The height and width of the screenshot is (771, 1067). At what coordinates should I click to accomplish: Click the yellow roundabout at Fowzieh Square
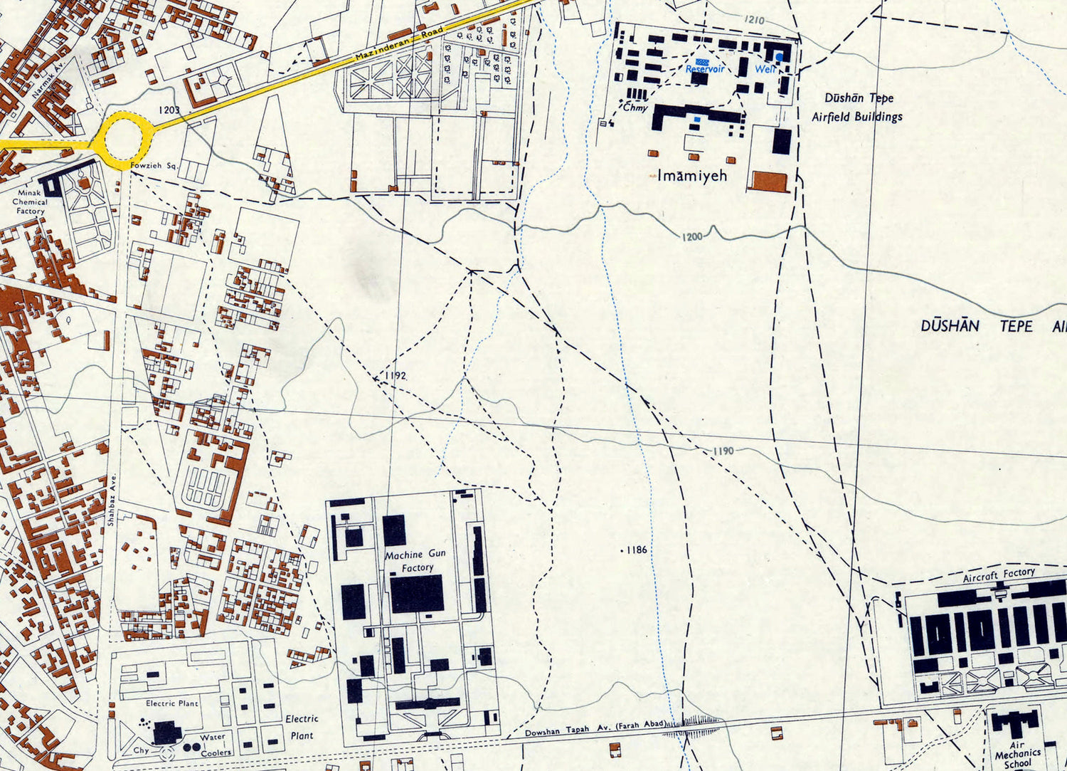pos(124,138)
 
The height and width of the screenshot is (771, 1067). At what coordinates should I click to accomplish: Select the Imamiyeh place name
pos(691,175)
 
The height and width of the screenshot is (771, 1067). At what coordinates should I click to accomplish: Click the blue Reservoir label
pos(704,69)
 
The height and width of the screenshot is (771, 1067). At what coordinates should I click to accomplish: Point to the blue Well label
pos(765,69)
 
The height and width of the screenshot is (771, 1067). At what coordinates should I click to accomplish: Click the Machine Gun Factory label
pos(415,560)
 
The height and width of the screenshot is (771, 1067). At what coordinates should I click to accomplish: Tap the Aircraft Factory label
pos(999,575)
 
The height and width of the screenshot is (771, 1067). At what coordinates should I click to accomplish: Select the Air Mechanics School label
pos(1017,753)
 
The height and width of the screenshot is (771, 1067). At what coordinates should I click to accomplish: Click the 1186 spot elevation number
pos(636,550)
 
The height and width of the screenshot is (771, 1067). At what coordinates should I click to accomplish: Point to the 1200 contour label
pos(692,236)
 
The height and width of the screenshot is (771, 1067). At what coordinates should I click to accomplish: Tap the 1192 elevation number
pos(395,375)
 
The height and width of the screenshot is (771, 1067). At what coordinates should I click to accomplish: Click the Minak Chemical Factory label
pos(30,201)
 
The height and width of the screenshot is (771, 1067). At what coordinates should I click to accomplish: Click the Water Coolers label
pos(213,745)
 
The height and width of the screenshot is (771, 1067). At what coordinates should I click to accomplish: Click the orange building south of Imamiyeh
pos(769,181)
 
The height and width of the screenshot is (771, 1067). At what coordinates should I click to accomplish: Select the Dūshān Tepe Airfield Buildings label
pos(857,107)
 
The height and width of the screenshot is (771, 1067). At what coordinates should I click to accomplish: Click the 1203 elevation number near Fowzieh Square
pos(169,110)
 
